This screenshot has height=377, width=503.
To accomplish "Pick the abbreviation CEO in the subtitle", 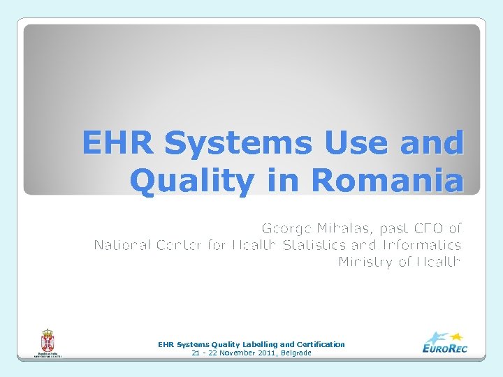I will (426, 228).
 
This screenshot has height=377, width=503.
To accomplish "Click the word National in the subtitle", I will (122, 245).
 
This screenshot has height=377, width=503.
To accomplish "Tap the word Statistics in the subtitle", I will (319, 245).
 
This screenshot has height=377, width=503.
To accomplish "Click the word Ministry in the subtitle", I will (366, 262).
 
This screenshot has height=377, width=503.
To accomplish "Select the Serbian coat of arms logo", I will (48, 342).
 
